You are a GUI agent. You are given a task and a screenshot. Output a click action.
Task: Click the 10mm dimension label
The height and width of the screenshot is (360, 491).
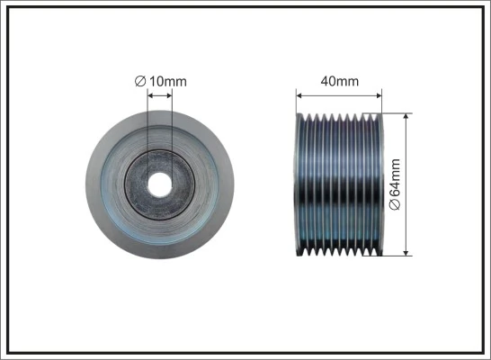point(167,82)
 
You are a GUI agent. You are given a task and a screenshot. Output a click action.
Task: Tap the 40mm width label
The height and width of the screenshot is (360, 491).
point(340,81)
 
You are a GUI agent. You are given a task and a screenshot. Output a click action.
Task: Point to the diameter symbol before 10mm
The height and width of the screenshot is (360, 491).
point(140,82)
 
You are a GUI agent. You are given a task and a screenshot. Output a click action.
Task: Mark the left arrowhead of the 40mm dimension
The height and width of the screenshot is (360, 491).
point(300,94)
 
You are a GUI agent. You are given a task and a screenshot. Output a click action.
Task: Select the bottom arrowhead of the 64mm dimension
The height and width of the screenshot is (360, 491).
point(408,251)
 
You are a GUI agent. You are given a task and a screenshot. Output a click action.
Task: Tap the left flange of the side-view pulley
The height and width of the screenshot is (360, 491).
point(299,184)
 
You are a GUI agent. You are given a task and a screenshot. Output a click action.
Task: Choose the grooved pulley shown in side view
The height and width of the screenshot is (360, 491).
point(340,184)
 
